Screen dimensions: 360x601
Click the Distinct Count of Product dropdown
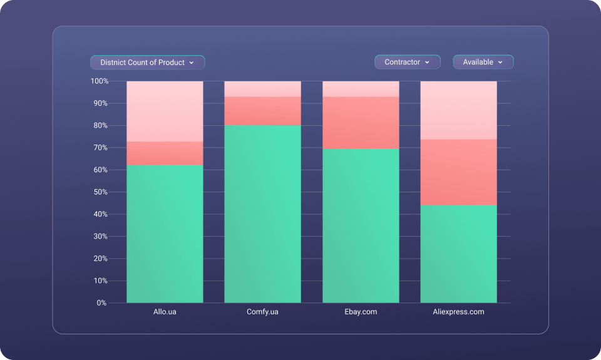(x=148, y=63)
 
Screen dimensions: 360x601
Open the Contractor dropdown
(x=407, y=62)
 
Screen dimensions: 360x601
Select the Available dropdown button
(x=483, y=62)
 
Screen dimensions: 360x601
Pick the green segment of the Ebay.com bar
(x=361, y=225)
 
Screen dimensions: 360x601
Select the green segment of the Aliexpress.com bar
(x=458, y=254)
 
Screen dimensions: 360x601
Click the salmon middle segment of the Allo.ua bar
(x=165, y=153)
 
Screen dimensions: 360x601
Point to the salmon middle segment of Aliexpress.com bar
(x=458, y=172)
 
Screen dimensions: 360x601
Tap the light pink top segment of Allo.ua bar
(x=165, y=111)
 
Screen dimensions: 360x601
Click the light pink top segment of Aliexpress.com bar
(x=458, y=110)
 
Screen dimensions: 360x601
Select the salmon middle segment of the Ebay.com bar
(x=361, y=123)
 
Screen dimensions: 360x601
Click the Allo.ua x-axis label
(x=165, y=311)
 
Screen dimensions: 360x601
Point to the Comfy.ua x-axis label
(x=262, y=311)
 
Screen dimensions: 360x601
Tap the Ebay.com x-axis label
(x=361, y=311)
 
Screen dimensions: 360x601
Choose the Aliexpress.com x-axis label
(x=458, y=311)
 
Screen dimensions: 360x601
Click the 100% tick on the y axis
(x=100, y=81)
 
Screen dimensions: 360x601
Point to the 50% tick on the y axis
(x=101, y=192)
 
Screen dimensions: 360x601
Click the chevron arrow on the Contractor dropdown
(x=427, y=63)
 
